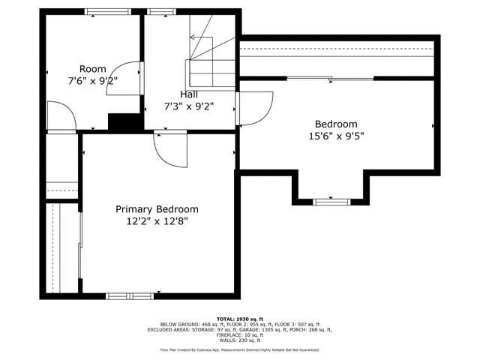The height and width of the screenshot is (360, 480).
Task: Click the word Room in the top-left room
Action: (93, 69)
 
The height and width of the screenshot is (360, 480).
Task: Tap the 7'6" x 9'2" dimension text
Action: (93, 80)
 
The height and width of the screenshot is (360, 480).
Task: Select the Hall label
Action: (189, 94)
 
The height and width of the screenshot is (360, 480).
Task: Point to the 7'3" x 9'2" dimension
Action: (189, 106)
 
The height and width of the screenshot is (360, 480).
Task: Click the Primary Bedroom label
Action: (157, 209)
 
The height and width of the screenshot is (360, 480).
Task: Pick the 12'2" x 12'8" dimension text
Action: (157, 221)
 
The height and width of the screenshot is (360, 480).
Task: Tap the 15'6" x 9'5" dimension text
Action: (336, 136)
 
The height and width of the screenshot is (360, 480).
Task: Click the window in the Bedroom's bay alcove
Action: (331, 201)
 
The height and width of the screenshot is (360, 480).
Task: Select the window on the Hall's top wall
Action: (158, 11)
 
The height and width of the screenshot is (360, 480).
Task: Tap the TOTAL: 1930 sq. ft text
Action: (240, 319)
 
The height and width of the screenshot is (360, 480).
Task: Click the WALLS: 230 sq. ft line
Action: (240, 340)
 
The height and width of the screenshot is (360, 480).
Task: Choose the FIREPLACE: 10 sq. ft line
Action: (240, 334)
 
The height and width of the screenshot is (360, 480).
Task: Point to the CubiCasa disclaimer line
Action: (240, 349)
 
